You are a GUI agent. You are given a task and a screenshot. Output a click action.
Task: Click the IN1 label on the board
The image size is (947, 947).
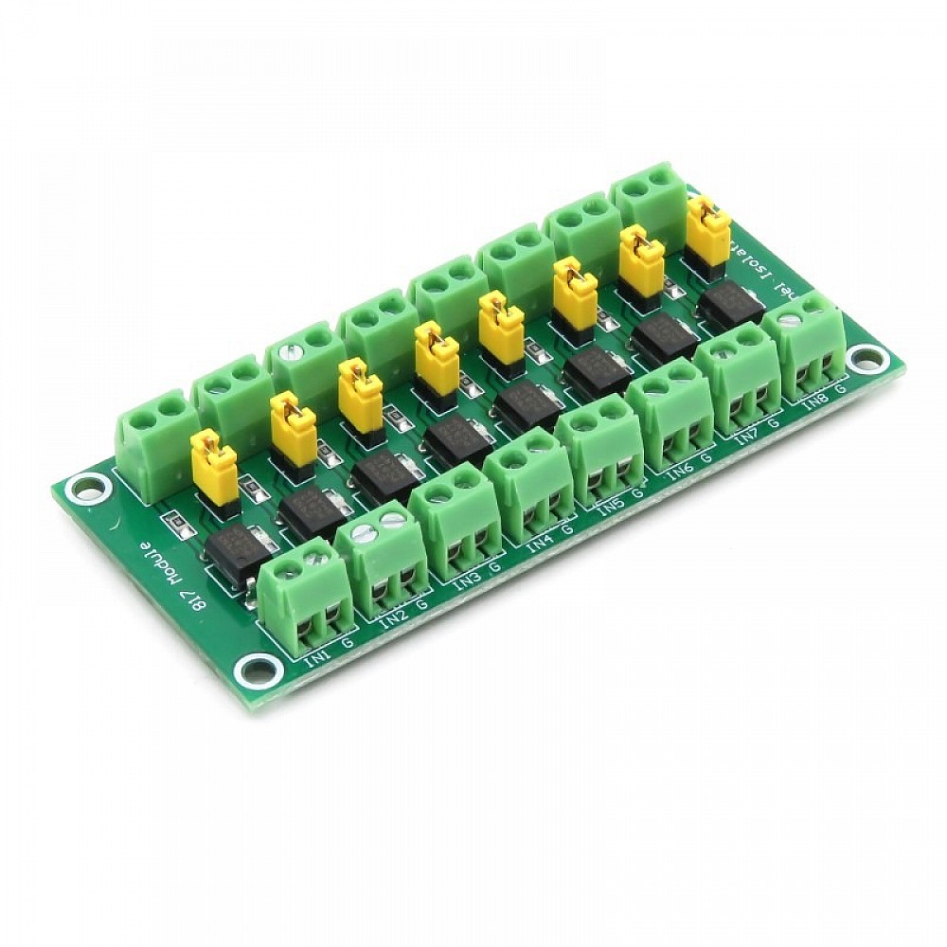coord(318,654)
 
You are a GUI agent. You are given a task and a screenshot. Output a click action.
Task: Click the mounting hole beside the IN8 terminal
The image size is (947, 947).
coord(865,359)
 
